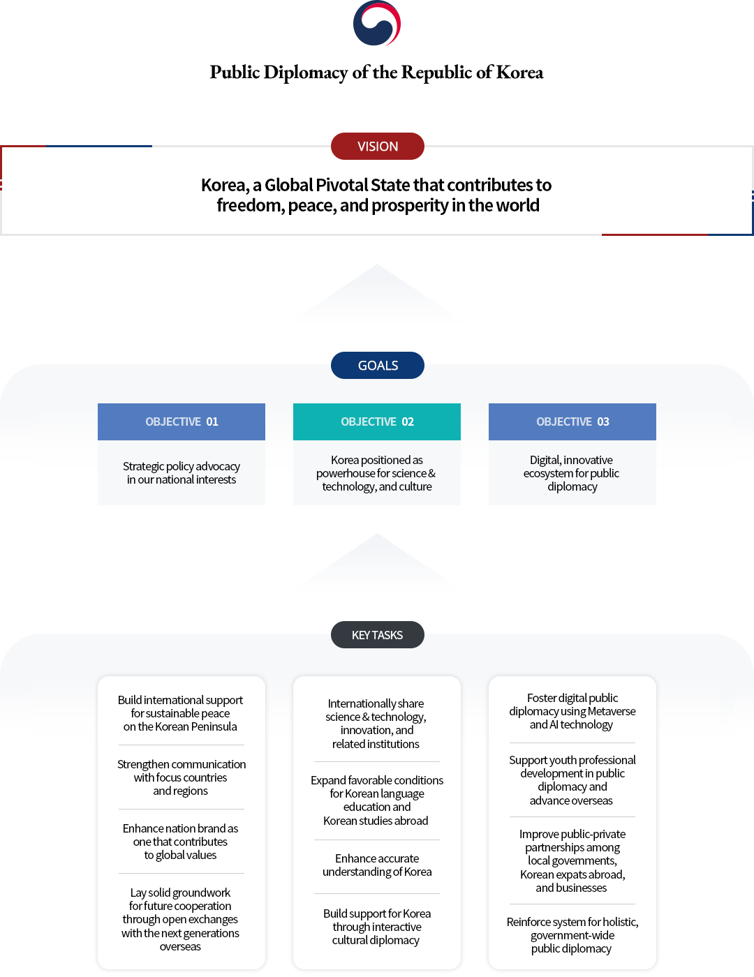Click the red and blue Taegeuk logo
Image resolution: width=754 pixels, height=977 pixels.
(x=377, y=24)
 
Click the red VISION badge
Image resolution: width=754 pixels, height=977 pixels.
(x=377, y=146)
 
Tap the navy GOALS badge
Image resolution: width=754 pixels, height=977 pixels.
(x=377, y=365)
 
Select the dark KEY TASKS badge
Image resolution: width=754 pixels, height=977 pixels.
(x=377, y=635)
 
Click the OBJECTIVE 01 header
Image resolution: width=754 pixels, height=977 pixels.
(x=182, y=422)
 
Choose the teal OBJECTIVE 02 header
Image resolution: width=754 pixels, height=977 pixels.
(x=377, y=422)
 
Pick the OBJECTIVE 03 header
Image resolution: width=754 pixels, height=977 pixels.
(x=572, y=422)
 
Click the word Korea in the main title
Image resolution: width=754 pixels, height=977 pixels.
(x=519, y=73)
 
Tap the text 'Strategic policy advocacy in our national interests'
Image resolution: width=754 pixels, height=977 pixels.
(x=182, y=473)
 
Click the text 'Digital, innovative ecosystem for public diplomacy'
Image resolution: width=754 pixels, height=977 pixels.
(x=572, y=473)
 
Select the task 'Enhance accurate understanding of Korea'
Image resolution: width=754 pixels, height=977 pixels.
(x=377, y=865)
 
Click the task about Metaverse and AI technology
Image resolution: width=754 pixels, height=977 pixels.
(x=572, y=711)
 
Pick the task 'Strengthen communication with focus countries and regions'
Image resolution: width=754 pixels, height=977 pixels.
(x=182, y=777)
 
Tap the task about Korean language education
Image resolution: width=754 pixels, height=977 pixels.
(x=377, y=800)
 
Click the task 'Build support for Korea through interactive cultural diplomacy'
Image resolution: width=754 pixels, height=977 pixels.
(x=377, y=927)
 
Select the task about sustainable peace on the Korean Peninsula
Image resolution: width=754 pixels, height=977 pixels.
(x=180, y=713)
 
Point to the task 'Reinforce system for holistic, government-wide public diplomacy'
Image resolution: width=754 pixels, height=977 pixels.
(x=572, y=935)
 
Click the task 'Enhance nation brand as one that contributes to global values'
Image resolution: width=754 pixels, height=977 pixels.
(x=180, y=842)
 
